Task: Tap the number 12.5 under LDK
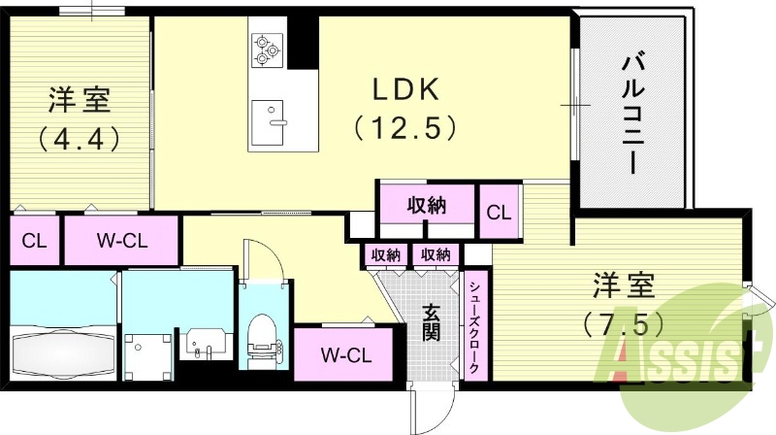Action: (x=404, y=126)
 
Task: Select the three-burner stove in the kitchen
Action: (x=265, y=49)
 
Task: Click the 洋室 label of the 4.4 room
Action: (x=80, y=99)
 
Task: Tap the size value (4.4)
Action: (x=80, y=137)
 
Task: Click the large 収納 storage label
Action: (x=426, y=205)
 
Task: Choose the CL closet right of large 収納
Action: (x=499, y=212)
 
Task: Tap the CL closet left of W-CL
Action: (x=35, y=239)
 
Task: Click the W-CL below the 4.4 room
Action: (x=120, y=239)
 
